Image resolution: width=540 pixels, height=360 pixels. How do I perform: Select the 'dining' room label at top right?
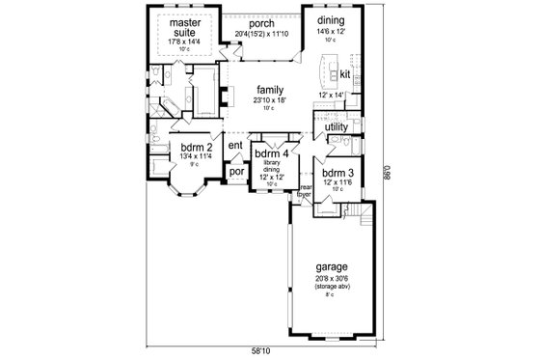point(331,19)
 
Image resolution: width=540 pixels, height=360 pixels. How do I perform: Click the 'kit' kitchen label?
point(345,73)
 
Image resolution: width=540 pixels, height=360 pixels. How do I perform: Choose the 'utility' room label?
point(336,126)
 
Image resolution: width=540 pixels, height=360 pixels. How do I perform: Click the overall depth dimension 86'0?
point(391,174)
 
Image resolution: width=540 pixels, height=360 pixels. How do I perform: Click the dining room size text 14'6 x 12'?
point(331,29)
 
